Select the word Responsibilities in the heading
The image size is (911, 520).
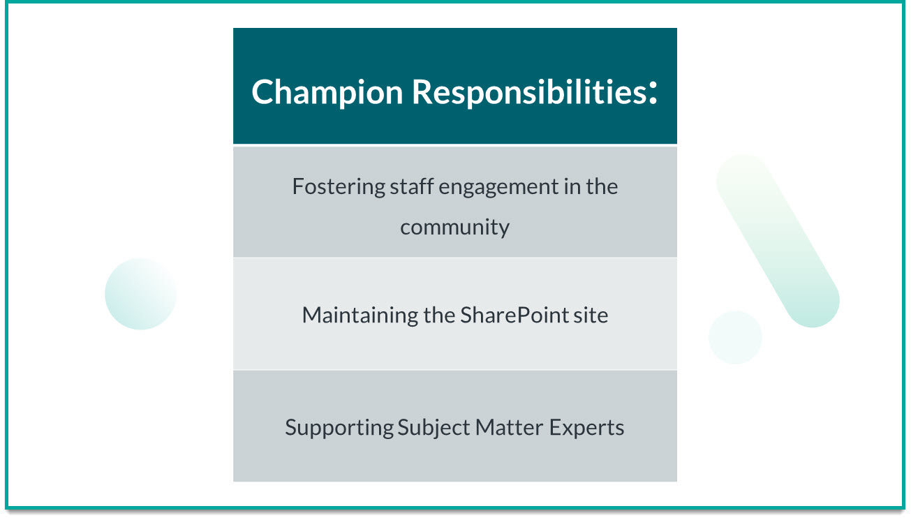click(x=528, y=92)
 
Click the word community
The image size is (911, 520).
click(x=454, y=227)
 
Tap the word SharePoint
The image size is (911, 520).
click(x=514, y=315)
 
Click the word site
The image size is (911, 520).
click(x=591, y=315)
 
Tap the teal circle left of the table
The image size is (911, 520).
click(x=140, y=294)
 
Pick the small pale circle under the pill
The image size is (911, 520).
click(x=735, y=337)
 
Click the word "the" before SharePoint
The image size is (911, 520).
click(x=440, y=315)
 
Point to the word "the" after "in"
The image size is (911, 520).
click(x=602, y=187)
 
